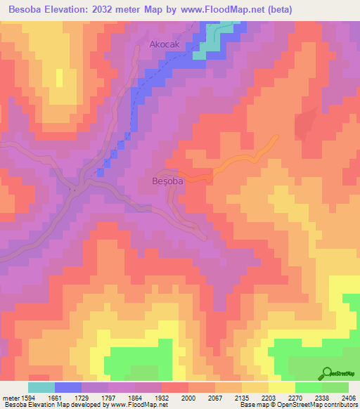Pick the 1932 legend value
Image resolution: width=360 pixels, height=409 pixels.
click(x=162, y=398)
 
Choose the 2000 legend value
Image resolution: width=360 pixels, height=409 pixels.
click(x=188, y=398)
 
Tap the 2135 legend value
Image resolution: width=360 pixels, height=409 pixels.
click(x=242, y=398)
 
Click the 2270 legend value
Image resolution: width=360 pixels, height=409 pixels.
click(x=295, y=398)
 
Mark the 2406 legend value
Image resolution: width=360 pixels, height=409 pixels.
click(x=349, y=398)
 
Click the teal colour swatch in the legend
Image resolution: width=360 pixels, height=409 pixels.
click(x=41, y=387)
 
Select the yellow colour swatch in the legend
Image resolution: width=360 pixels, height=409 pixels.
click(x=282, y=387)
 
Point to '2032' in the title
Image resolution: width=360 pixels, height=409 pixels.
click(x=123, y=10)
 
